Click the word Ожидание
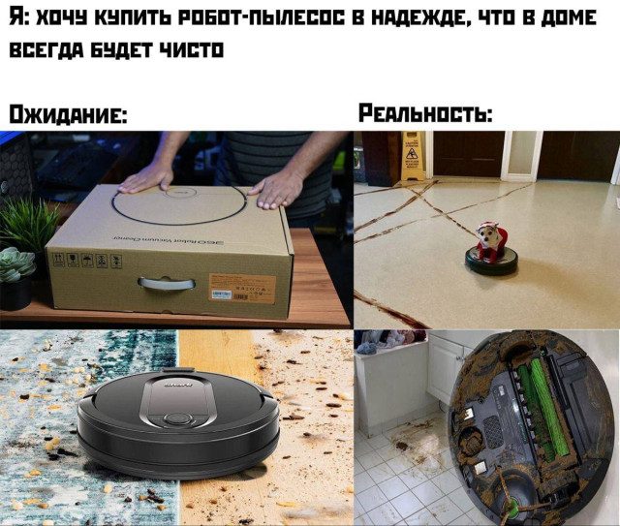tap(67, 114)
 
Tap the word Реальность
tap(425, 114)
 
